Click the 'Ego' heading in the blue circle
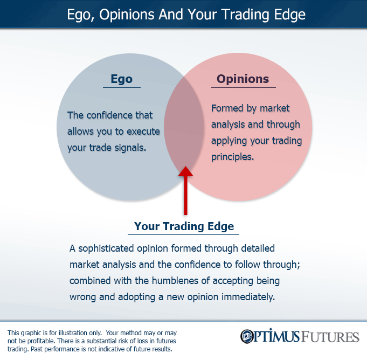[x=121, y=79]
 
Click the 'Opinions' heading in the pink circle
[x=243, y=79]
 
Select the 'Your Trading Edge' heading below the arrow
[x=184, y=226]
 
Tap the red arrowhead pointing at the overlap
[x=185, y=172]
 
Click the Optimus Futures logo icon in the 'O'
[x=248, y=337]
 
